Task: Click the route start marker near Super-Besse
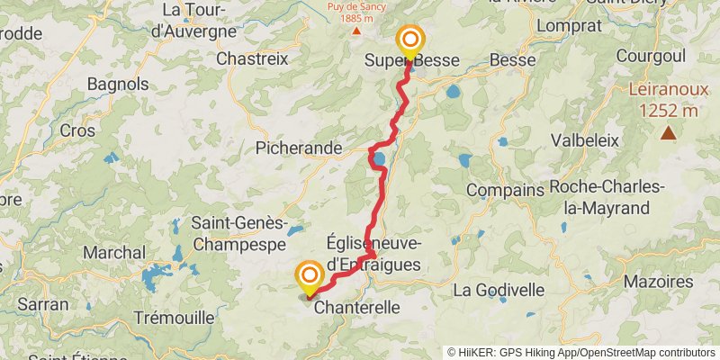point(410,40)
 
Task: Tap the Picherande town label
point(299,147)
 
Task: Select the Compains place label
point(505,191)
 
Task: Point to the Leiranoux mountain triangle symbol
point(668,134)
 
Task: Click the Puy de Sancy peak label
point(350,12)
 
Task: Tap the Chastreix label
point(252,58)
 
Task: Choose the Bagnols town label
point(118,84)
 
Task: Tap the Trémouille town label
point(174,317)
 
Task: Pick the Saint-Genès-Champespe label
point(239,233)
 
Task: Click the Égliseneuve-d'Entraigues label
point(372,252)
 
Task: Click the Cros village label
point(77,130)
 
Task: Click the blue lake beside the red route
point(380,160)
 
